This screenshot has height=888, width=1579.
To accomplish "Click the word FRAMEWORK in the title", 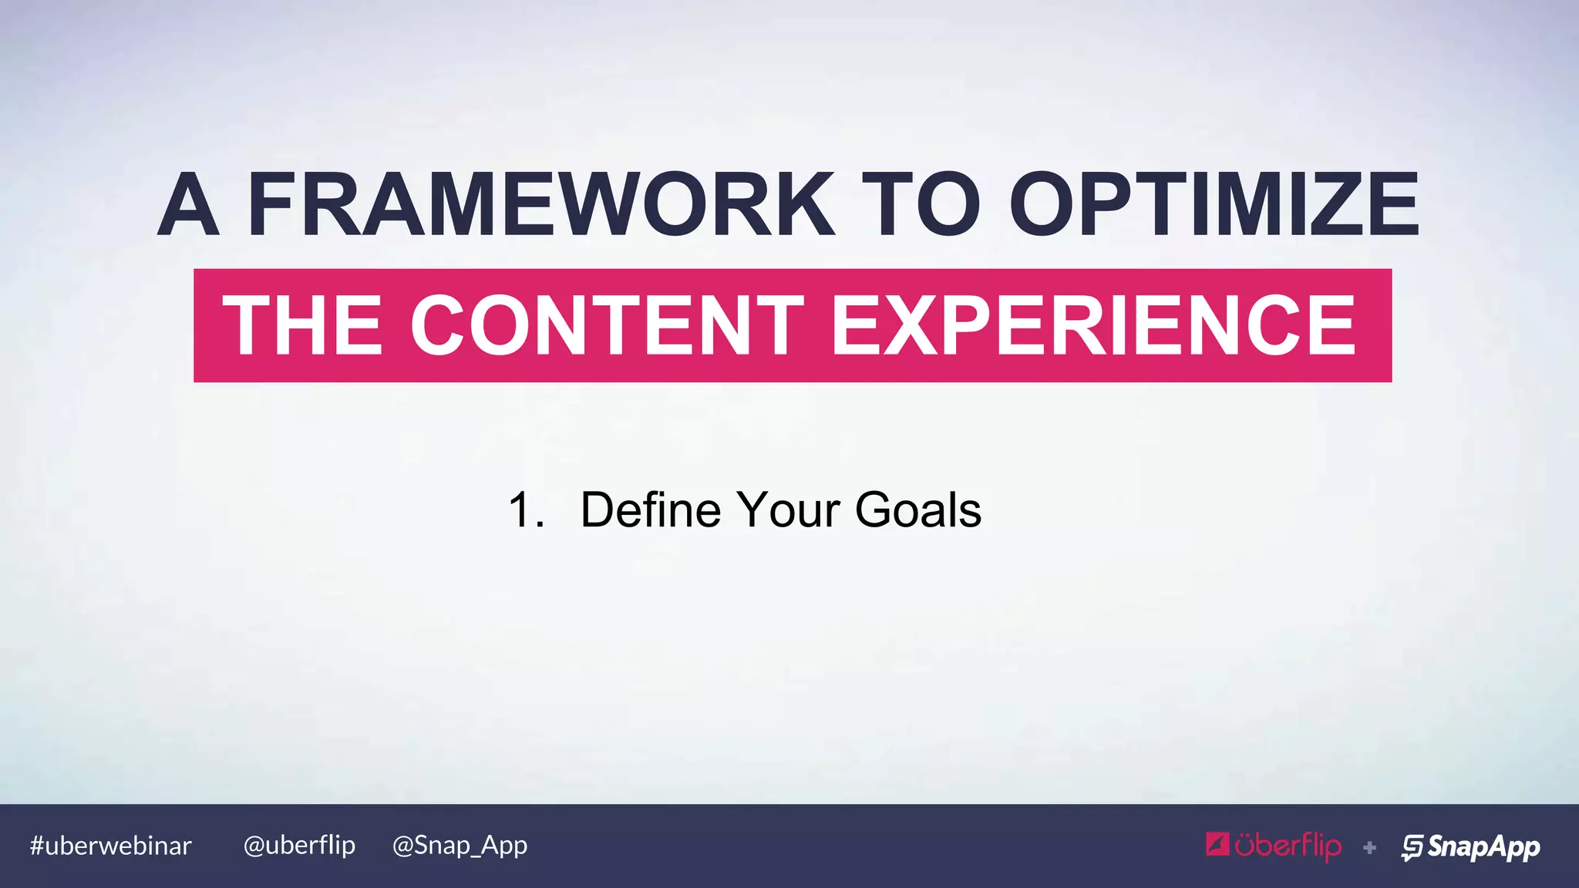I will tap(540, 205).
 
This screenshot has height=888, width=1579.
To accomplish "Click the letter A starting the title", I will tap(188, 205).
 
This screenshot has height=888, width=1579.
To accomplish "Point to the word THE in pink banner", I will tap(302, 325).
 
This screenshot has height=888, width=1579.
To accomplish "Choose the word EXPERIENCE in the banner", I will tap(1093, 325).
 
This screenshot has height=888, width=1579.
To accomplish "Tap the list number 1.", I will tap(524, 510).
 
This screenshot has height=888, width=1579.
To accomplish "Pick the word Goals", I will tap(917, 510).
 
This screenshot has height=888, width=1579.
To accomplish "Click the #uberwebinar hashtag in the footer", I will tap(110, 846).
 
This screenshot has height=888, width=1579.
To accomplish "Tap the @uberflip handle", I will tap(299, 846).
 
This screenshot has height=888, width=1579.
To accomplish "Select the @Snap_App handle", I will tap(460, 846).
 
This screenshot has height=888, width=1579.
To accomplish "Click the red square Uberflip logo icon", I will tap(1217, 845).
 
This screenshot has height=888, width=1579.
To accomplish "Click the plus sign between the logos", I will tap(1369, 848).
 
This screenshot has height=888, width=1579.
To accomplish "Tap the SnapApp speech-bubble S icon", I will tap(1412, 847).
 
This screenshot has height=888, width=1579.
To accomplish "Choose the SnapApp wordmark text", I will tap(1483, 846).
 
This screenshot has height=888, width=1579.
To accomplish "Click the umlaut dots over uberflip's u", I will tap(1247, 835).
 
